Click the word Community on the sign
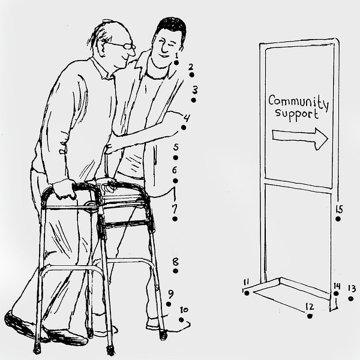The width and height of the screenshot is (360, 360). pos(298,103)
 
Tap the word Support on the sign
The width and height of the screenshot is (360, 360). pos(297,115)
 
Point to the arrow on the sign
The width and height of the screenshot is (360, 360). pos(300,139)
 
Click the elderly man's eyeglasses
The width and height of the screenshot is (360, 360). pos(122,45)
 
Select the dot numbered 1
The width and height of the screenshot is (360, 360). pos(176,62)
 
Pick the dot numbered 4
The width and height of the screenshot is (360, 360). pos(184,127)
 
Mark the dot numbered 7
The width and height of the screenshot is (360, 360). pos(175,219)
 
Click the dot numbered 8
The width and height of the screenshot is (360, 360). pos(176,271)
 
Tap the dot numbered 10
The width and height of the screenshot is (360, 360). pos(181,320)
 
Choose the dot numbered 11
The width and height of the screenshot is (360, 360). pos(247,293)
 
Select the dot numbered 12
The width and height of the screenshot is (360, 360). pos(310,316)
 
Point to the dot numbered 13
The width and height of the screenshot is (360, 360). pos(350,299)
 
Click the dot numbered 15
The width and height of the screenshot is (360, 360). pos(338,219)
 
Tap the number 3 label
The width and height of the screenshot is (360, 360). pos(195,90)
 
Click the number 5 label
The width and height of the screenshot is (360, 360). pos(176,147)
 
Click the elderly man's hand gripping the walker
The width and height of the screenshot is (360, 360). pos(64,189)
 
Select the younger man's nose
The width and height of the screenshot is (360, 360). pos(164,47)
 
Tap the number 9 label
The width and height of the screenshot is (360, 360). pos(171,293)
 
